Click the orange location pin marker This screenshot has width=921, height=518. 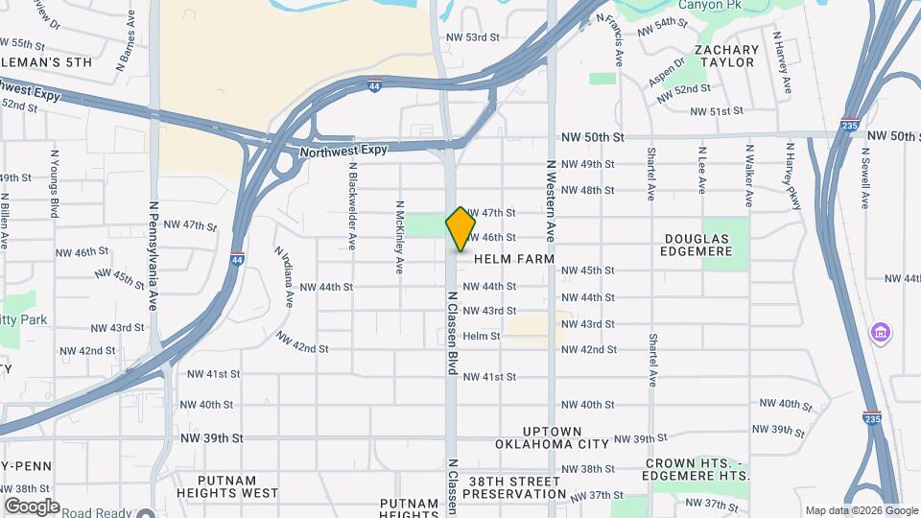pos(461,229)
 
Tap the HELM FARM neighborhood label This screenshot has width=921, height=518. pos(514,259)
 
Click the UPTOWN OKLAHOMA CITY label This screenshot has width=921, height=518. pos(552,437)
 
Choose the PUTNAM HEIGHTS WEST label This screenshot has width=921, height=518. pos(237,486)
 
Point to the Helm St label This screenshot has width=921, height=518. pos(482,337)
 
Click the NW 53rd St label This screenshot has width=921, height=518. pos(474,37)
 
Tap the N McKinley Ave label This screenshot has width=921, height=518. pos(399,236)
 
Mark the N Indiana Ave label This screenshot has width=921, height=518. pos(286,277)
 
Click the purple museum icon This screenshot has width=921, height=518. pos(879,333)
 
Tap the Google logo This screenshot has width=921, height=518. pos(32,506)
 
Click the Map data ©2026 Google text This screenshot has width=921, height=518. pos(861,510)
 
